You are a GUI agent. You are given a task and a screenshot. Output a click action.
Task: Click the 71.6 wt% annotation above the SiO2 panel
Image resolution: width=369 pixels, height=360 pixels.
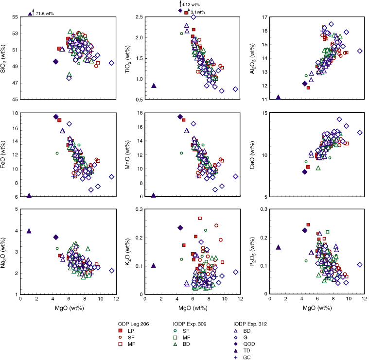tap(44, 14)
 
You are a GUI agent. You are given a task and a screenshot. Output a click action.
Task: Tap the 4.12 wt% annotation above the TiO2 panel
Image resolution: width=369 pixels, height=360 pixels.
tap(191, 4)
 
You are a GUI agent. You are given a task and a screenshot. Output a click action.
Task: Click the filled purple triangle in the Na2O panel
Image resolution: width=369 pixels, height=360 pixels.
tap(29, 231)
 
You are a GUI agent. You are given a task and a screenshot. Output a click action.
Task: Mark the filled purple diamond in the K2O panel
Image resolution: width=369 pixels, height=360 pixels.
tap(180, 228)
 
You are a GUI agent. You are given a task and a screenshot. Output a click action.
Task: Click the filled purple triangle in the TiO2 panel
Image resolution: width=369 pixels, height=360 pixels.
tap(154, 86)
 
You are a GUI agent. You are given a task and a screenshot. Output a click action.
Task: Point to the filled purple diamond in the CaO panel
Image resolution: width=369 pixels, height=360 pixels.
tap(305, 171)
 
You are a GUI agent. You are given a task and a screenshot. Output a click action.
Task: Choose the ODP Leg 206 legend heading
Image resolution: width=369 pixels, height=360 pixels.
tap(134, 323)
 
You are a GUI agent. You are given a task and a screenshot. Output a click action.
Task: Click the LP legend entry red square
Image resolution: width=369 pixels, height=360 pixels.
tap(120, 330)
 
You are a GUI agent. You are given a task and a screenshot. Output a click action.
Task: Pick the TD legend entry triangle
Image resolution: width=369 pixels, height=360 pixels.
tap(236, 350)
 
